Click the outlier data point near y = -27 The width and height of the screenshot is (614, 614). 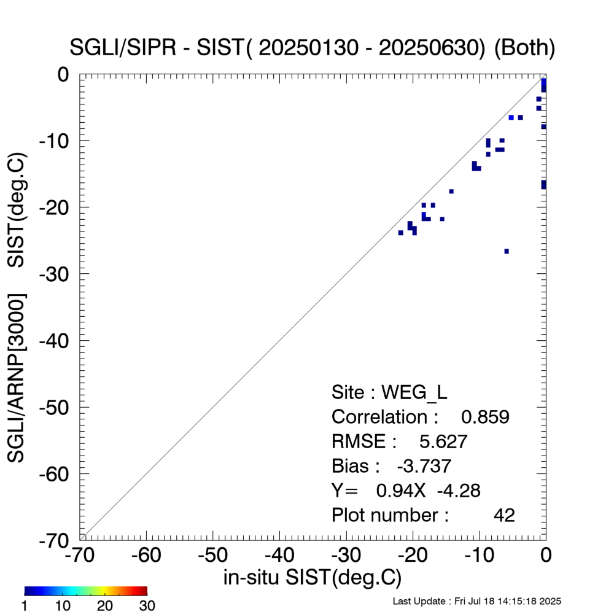click(x=507, y=251)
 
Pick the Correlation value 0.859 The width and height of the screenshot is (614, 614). click(x=485, y=417)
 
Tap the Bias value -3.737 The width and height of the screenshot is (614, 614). click(x=424, y=466)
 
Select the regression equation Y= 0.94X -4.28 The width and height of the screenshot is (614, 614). click(x=405, y=491)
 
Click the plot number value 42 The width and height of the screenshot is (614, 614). click(x=504, y=515)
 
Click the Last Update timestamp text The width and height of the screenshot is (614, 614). click(x=476, y=600)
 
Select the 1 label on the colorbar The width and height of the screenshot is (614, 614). click(x=25, y=606)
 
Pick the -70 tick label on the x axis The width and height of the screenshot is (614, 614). click(x=79, y=556)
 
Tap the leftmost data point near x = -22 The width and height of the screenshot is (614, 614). click(x=400, y=233)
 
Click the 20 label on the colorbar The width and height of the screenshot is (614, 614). click(x=105, y=606)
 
